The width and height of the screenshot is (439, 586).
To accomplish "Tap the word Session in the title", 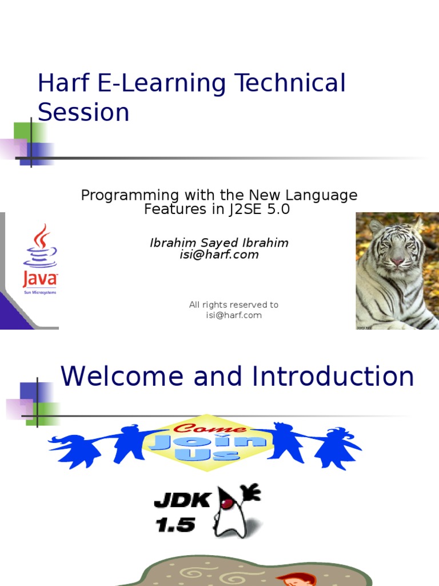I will tap(83, 113).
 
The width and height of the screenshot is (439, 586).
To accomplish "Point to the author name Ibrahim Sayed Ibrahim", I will tap(219, 243).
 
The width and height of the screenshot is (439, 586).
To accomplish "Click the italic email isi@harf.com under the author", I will tap(219, 255).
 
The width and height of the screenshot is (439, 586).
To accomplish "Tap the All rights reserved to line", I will tap(233, 305).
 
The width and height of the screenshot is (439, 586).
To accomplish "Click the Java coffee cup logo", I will tap(40, 246).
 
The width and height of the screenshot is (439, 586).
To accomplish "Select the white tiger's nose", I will tap(397, 262).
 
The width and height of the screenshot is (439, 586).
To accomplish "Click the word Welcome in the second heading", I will tap(123, 377).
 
